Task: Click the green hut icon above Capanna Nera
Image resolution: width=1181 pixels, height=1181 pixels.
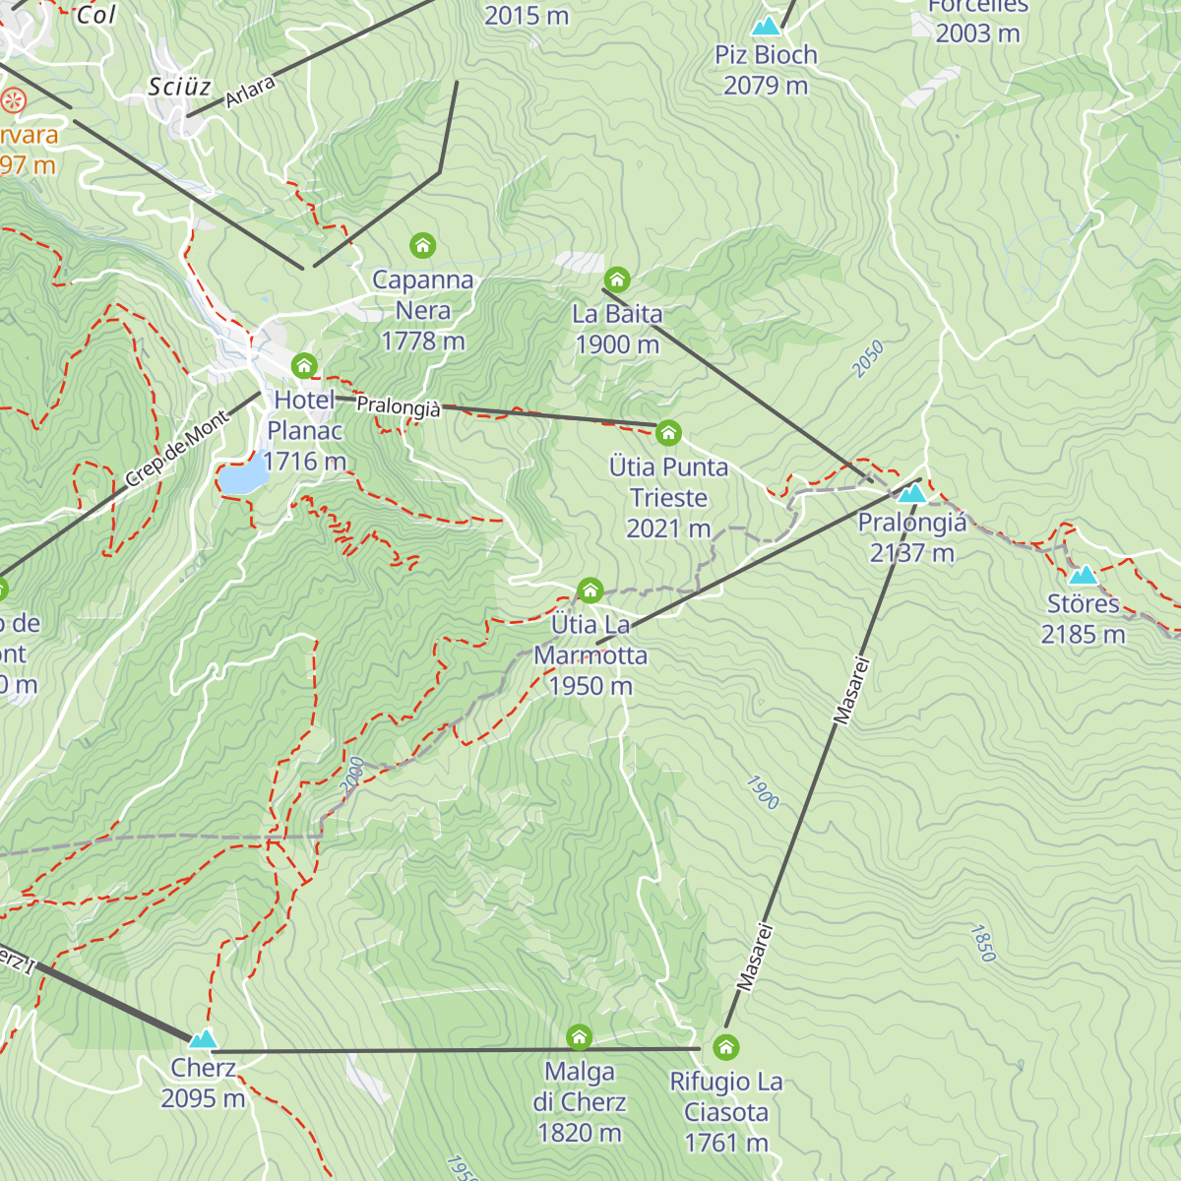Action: coord(422,244)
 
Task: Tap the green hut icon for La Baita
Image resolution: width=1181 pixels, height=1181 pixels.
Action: coord(617,280)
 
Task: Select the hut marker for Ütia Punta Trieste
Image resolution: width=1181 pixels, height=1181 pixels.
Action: coord(668,432)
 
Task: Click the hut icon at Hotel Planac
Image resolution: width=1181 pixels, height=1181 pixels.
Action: coord(304,366)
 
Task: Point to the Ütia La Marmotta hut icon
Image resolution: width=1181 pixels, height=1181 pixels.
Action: coord(590,590)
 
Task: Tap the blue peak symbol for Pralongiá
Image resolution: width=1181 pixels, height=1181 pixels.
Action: coord(912,493)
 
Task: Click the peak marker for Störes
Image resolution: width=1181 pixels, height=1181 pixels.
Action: coord(1083,576)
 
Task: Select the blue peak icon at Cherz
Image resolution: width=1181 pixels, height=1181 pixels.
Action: coord(203,1039)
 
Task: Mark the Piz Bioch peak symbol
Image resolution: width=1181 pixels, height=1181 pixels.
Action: coord(766,27)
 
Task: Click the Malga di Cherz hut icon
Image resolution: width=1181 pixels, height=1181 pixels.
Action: coord(580,1036)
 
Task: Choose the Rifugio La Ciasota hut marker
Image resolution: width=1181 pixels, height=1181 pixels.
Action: coord(726,1046)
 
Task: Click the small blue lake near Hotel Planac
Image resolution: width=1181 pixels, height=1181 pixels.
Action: coord(243,478)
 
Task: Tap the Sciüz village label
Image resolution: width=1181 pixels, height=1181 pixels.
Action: coord(179,87)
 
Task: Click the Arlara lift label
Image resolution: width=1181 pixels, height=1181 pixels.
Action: coord(250,93)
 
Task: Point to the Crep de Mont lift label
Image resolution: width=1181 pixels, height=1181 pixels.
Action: coord(177,449)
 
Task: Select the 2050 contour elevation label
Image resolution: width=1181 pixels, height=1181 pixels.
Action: coord(868,359)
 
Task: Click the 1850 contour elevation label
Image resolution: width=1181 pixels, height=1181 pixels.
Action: coord(982,942)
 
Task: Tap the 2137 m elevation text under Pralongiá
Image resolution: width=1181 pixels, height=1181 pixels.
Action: coord(912,553)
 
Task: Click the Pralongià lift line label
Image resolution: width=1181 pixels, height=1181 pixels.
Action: coord(399,405)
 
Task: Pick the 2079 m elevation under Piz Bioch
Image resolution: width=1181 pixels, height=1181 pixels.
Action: coord(766,86)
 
